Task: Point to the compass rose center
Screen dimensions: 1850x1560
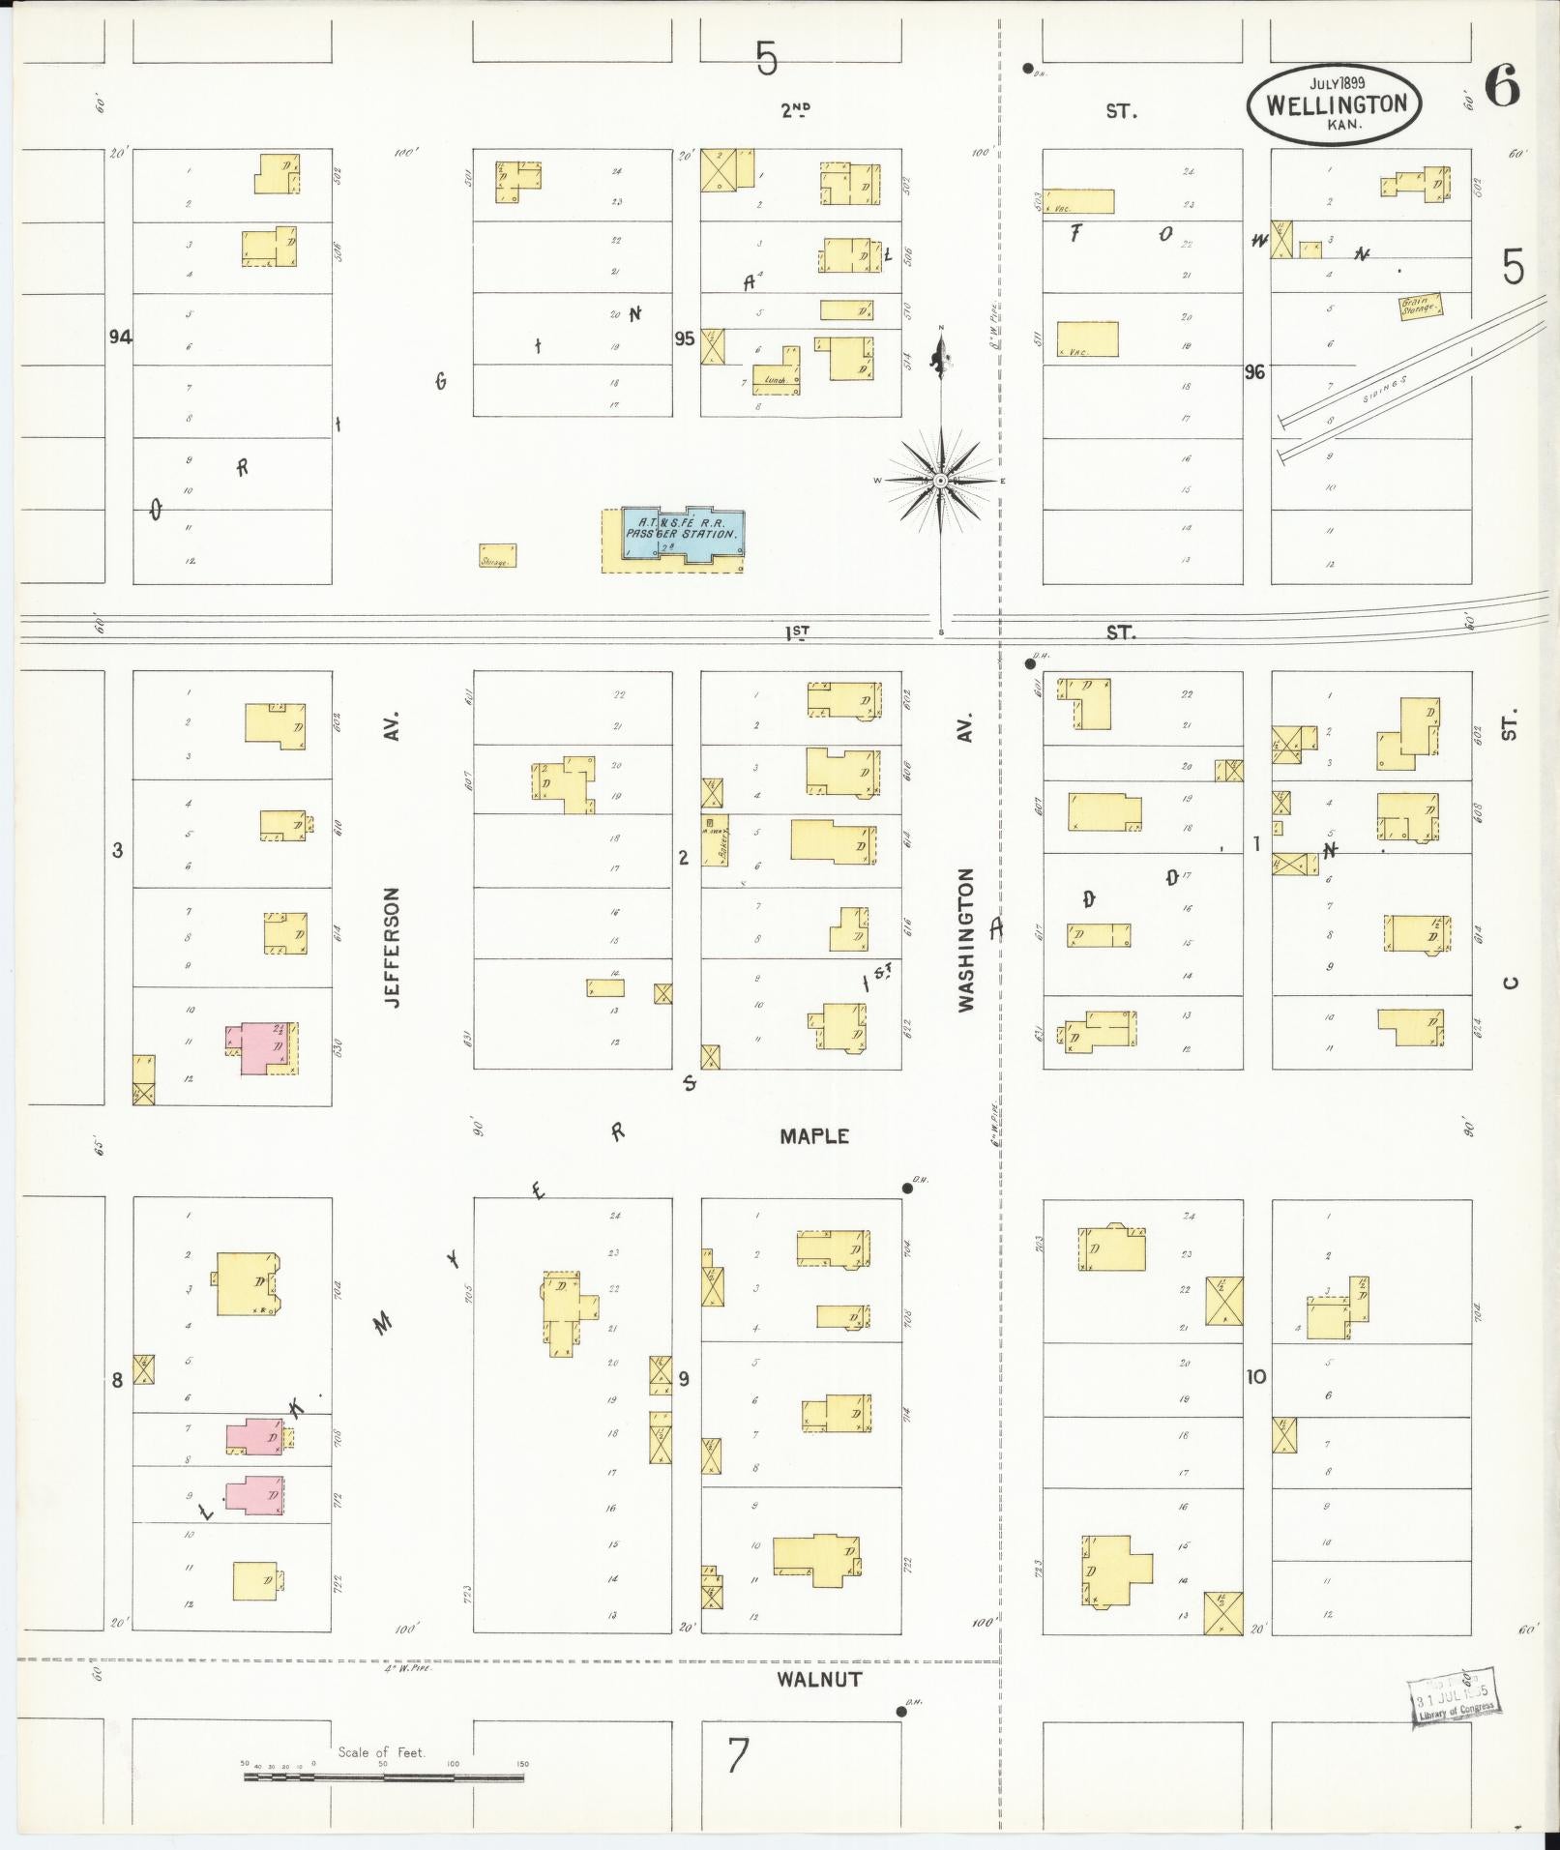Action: coord(940,481)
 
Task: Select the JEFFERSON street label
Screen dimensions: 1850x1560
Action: coord(392,948)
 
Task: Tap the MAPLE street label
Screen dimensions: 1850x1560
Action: coord(814,1137)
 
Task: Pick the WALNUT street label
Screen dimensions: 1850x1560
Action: coord(818,1680)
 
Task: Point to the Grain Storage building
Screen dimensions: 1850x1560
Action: coord(1421,307)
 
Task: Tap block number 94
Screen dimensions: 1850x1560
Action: coord(120,337)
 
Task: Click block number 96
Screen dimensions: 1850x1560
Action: coord(1254,371)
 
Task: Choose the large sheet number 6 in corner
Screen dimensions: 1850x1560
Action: coord(1501,89)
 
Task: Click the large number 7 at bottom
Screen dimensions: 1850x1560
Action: coord(738,1756)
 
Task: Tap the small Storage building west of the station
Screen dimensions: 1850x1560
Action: coord(497,556)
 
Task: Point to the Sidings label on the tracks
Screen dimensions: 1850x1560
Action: coord(1383,390)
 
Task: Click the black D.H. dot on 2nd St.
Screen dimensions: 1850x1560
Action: coord(1027,69)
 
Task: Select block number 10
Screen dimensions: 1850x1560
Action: coord(1255,1377)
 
